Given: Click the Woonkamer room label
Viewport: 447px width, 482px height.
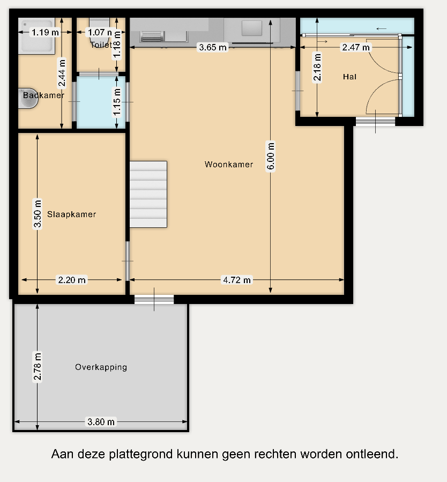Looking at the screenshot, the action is (x=229, y=165).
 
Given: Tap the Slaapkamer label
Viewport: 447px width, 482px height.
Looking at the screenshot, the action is (x=72, y=214).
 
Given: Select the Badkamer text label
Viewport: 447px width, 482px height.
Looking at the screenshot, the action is (x=43, y=95).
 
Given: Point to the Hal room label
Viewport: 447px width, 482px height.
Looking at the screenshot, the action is (x=349, y=77).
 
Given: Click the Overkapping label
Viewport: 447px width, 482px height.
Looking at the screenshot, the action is (x=101, y=367).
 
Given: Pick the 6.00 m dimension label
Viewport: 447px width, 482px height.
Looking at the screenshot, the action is (x=271, y=156).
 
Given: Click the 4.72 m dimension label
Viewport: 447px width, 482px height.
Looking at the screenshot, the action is (x=237, y=280).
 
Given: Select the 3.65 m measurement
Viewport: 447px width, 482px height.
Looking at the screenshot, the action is (x=213, y=47).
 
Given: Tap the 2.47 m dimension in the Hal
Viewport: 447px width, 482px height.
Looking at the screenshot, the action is (x=356, y=47).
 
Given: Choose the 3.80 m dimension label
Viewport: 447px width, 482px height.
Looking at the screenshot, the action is (x=101, y=422).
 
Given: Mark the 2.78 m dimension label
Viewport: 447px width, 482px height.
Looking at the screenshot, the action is (x=37, y=367).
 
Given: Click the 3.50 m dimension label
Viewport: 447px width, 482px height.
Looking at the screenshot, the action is (x=37, y=214).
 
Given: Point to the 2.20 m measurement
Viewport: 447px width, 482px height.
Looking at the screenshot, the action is (x=72, y=280).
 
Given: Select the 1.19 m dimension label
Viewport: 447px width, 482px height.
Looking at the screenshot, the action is (x=45, y=32).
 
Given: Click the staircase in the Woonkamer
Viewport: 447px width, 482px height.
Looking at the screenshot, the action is (x=148, y=194).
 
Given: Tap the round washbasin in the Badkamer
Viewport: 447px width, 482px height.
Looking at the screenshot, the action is (x=28, y=98).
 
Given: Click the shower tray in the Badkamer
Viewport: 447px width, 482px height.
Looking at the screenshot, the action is (x=36, y=36).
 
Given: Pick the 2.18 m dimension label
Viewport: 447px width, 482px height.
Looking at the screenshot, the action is (x=317, y=67).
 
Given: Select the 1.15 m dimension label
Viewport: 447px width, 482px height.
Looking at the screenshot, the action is (x=117, y=102).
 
